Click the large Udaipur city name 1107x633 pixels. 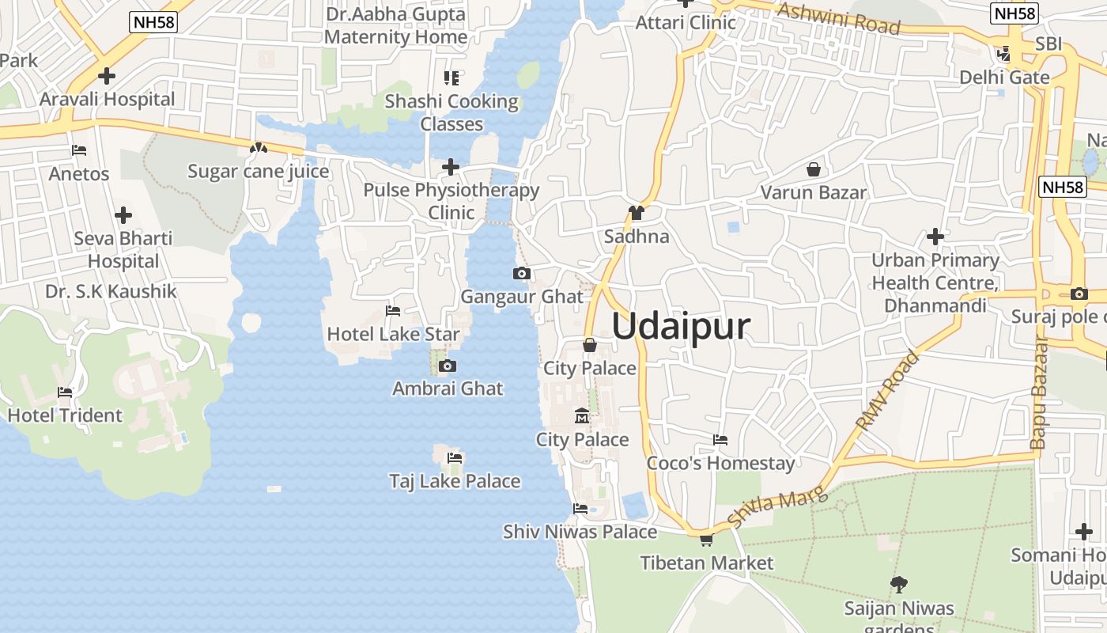(x=680, y=326)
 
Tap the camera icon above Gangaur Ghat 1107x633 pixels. (x=521, y=274)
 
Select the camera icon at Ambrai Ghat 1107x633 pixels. (x=448, y=366)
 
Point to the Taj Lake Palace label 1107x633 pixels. (x=455, y=481)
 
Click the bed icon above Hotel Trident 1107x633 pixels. (x=65, y=392)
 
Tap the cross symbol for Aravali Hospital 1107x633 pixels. (x=107, y=76)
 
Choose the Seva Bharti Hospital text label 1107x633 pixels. (x=123, y=249)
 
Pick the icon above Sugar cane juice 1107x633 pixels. (x=258, y=148)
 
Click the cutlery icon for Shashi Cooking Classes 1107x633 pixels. (x=451, y=78)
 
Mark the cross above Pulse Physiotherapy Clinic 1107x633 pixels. (x=451, y=167)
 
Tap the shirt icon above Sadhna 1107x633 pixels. (x=636, y=213)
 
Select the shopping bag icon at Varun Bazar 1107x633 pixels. (x=813, y=169)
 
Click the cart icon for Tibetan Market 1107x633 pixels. (x=706, y=540)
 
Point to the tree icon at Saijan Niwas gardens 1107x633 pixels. (x=898, y=585)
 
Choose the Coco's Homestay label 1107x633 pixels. (x=720, y=463)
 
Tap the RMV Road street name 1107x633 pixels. (x=888, y=390)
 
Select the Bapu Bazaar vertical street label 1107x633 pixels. (x=1040, y=393)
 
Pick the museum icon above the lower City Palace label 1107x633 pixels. (x=582, y=416)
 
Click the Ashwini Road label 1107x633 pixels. (x=839, y=18)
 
